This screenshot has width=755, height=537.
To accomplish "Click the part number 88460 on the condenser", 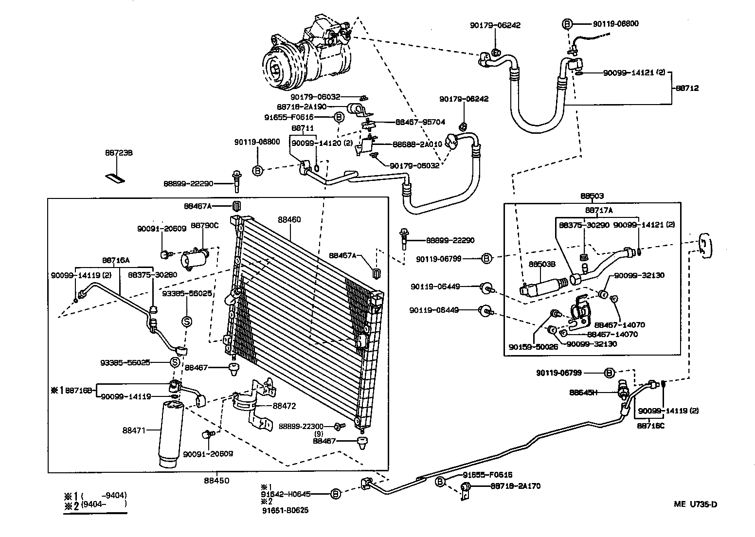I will click(x=289, y=219).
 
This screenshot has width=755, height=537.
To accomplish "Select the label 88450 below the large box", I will click(x=216, y=481).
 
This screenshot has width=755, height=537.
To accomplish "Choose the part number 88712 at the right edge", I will click(x=687, y=88).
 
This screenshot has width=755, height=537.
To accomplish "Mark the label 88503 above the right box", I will click(x=592, y=196).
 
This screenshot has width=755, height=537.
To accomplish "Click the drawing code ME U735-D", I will click(x=695, y=504).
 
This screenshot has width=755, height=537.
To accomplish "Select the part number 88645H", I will click(x=583, y=392).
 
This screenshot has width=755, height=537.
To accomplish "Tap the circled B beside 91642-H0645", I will click(x=335, y=494).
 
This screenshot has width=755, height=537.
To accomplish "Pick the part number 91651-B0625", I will click(x=285, y=510).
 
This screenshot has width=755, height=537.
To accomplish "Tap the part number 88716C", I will click(x=650, y=426).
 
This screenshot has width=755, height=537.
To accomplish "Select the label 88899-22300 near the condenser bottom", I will click(x=302, y=426).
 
